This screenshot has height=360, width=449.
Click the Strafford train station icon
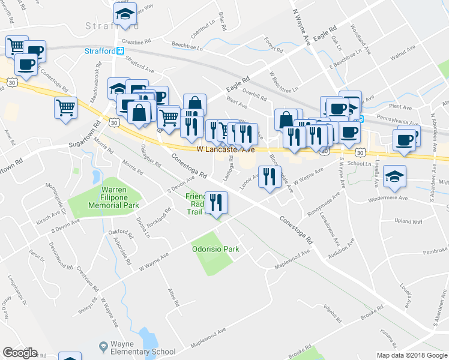click(121, 51)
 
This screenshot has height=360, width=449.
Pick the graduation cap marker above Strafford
click(125, 15)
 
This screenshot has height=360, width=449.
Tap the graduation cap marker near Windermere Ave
click(395, 176)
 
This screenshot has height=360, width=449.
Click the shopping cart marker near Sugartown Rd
click(66, 109)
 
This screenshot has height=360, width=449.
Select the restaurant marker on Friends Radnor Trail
click(215, 202)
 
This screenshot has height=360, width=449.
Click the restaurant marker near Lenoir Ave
click(270, 176)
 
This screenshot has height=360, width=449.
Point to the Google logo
click(20, 353)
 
